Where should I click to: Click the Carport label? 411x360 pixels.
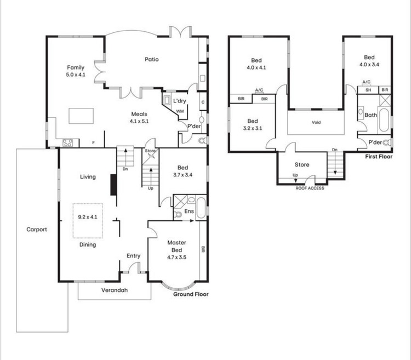coord(37,230)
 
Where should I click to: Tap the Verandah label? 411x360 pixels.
coord(114,290)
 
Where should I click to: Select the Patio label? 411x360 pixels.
coord(152,59)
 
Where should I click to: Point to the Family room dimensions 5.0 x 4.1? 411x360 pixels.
coord(76,75)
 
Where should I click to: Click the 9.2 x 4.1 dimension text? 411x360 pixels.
coord(88,218)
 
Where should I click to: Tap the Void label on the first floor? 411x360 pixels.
coord(316,123)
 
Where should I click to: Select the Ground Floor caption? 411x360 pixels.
coord(191,294)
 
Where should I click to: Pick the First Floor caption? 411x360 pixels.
coord(379,156)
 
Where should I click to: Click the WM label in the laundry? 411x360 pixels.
coord(179,111)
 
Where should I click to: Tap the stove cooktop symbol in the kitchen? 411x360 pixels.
coord(68,143)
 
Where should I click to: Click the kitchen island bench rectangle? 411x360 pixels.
coord(81,116)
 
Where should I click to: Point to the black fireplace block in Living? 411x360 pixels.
coord(113,184)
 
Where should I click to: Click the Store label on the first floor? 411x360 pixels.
coord(302,164)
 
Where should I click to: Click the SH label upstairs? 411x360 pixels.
coord(368,90)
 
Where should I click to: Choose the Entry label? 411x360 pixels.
coord(133,256)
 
